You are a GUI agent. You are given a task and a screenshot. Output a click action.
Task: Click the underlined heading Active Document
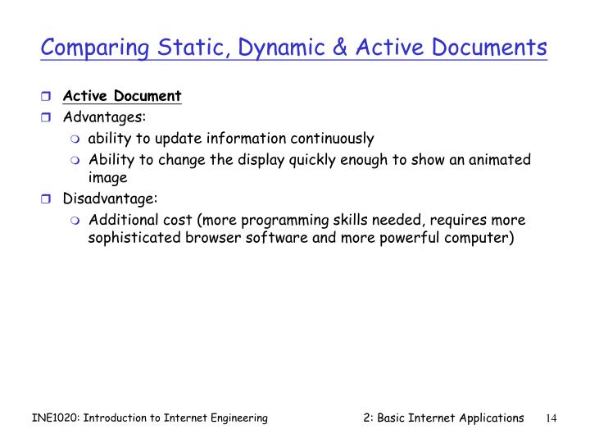coord(122,96)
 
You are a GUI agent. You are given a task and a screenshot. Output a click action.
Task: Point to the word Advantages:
coord(105,117)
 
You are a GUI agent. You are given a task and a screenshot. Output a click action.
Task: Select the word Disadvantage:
coord(111,199)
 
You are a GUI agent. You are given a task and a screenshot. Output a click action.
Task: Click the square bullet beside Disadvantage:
coord(47,199)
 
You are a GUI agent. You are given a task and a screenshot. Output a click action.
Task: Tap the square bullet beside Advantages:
coord(47,117)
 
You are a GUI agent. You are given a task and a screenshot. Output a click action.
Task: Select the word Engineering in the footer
coord(236,418)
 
